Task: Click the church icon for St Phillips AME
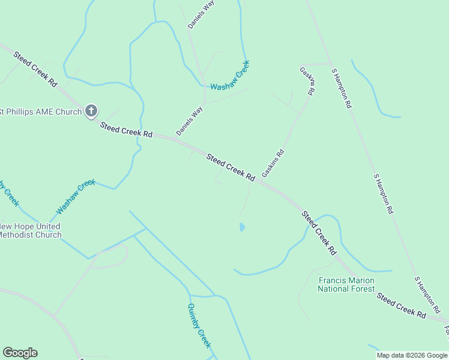[91, 110]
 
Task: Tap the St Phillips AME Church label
[41, 111]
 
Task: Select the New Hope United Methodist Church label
[30, 230]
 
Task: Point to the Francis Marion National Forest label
[346, 284]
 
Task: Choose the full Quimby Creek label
[199, 325]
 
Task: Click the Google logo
[20, 353]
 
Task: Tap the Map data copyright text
[412, 355]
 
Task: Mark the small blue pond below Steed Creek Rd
[242, 227]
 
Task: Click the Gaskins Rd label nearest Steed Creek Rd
[273, 163]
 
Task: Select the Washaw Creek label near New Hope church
[76, 197]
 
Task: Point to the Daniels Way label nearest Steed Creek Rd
[190, 121]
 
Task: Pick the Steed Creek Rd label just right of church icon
[126, 129]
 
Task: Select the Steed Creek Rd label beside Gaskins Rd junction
[231, 167]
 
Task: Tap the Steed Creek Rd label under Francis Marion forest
[401, 305]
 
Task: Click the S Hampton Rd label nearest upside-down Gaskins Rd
[342, 88]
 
